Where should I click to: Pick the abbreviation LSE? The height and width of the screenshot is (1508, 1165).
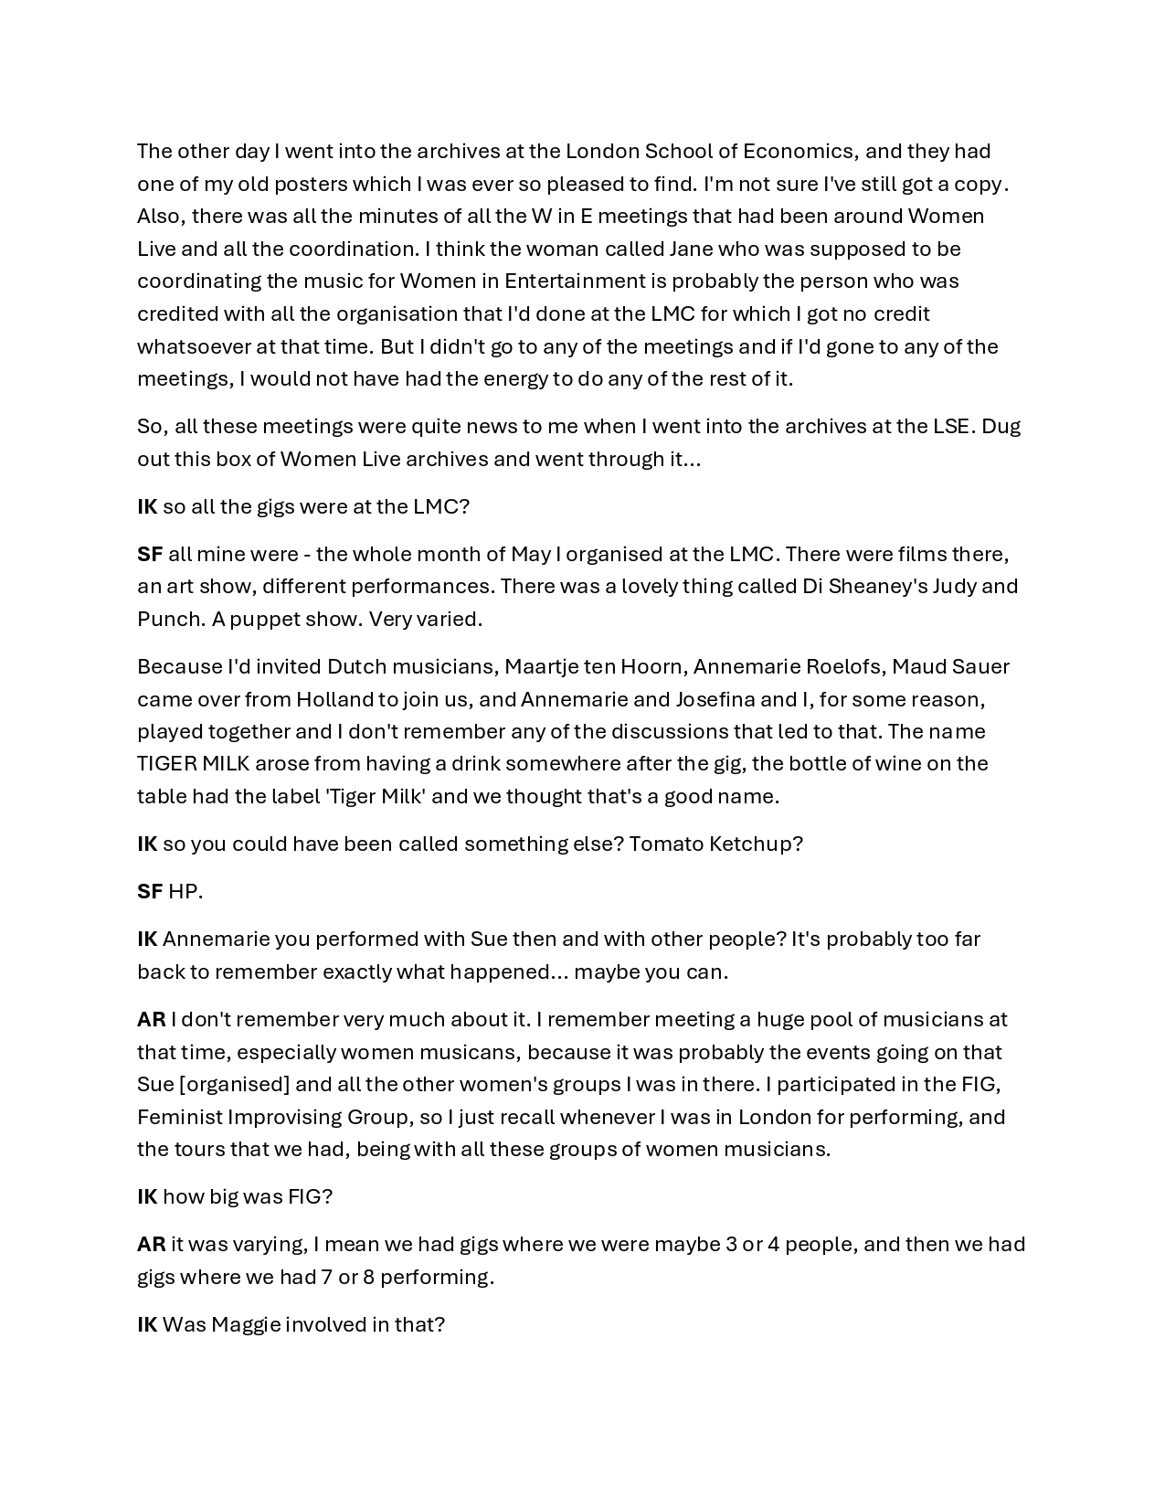pos(951,426)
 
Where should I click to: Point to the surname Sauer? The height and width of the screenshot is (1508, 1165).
pos(981,666)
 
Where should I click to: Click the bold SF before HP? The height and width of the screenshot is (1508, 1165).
pos(150,891)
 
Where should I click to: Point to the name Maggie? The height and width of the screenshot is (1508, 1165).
pos(246,1324)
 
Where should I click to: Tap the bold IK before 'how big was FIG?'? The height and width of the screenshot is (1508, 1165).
pos(147,1196)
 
